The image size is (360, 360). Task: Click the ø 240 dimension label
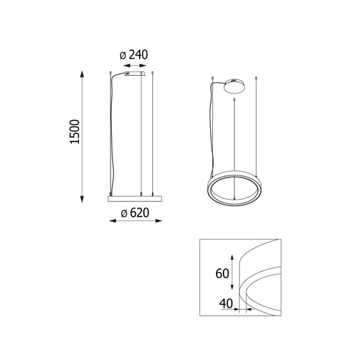134,55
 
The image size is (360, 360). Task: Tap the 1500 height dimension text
75,132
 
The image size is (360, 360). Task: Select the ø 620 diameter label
135,213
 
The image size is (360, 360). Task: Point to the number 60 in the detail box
222,273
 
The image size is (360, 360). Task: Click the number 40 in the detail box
226,304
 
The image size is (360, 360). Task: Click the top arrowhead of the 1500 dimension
82,75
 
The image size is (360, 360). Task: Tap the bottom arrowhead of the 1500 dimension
82,199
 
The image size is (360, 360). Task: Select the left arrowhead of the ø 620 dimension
112,221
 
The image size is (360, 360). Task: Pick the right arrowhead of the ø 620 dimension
159,221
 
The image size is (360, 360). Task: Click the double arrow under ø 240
135,66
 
